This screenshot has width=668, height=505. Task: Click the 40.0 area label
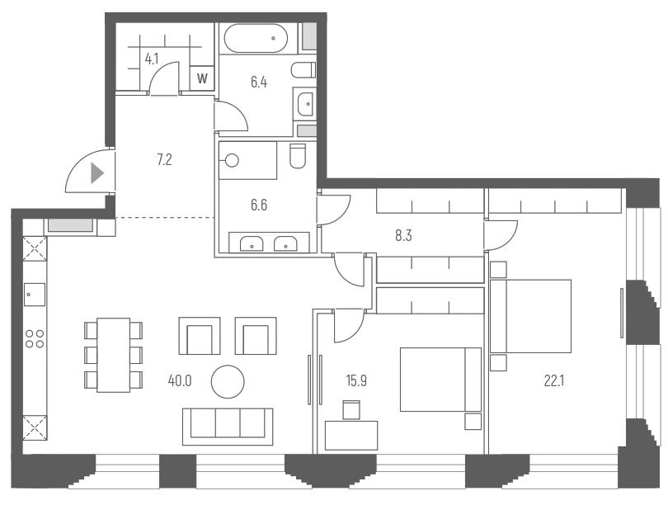[x=179, y=380]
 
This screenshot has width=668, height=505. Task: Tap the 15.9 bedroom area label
[x=356, y=380]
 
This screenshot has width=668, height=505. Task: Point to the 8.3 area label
[x=403, y=235]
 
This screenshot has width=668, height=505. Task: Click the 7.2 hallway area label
[x=163, y=159]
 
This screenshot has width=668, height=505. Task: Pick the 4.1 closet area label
[x=152, y=59]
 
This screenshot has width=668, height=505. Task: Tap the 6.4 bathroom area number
[x=259, y=82]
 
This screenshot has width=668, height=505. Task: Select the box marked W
[x=202, y=79]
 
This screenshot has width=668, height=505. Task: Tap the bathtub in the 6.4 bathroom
[x=256, y=38]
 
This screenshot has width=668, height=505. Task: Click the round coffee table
[x=228, y=381]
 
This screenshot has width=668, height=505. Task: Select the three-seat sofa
[x=228, y=422]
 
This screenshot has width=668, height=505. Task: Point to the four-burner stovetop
[x=35, y=337]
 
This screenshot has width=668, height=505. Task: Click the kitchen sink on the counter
[x=35, y=293]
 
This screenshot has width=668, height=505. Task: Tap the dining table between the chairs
[x=113, y=355]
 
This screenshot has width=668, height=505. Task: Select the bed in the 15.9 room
[x=440, y=379]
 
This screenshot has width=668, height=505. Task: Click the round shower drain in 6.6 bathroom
[x=232, y=161]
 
